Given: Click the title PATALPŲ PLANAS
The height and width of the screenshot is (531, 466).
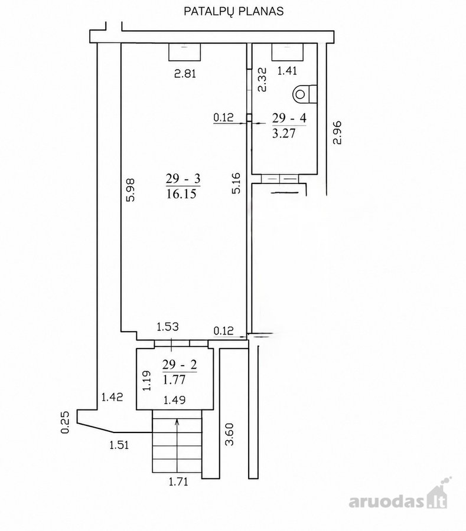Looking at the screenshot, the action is click(x=233, y=12).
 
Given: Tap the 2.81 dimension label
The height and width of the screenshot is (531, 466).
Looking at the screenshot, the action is click(x=185, y=74).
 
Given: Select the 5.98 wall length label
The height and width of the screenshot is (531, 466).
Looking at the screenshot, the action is click(x=131, y=190).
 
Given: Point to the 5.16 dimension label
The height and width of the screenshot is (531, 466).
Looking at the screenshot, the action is click(x=236, y=183).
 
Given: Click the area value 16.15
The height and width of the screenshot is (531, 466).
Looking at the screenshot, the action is click(x=181, y=194).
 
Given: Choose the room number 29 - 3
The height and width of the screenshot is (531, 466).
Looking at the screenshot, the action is click(x=183, y=178).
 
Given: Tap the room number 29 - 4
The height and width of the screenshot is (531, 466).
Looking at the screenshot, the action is click(x=289, y=118).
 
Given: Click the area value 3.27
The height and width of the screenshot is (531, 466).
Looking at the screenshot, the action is click(x=284, y=133).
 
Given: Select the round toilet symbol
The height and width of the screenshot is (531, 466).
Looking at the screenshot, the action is click(x=300, y=94).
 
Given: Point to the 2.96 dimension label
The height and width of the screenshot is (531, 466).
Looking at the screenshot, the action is click(x=337, y=133).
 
